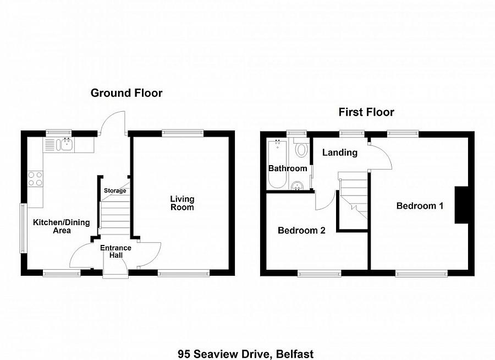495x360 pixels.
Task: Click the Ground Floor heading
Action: coord(127,93)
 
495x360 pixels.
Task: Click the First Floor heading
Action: coord(366,112)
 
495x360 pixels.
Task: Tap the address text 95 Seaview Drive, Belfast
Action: coord(245,353)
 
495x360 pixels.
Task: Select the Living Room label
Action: coord(182,203)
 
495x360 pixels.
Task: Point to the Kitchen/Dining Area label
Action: coord(62,226)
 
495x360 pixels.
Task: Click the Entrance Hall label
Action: coord(116,252)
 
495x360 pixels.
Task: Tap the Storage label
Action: coord(115,190)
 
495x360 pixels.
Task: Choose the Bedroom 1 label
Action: coord(420,206)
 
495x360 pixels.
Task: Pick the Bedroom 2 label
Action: coord(301,230)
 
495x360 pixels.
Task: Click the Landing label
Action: coord(340,152)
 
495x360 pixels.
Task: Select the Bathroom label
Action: coord(287,168)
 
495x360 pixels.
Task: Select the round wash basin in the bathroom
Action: coord(298,185)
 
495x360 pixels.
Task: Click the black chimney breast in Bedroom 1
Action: coord(461,205)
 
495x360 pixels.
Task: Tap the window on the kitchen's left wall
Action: coord(23,229)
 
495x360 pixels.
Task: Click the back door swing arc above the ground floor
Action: coord(114,120)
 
